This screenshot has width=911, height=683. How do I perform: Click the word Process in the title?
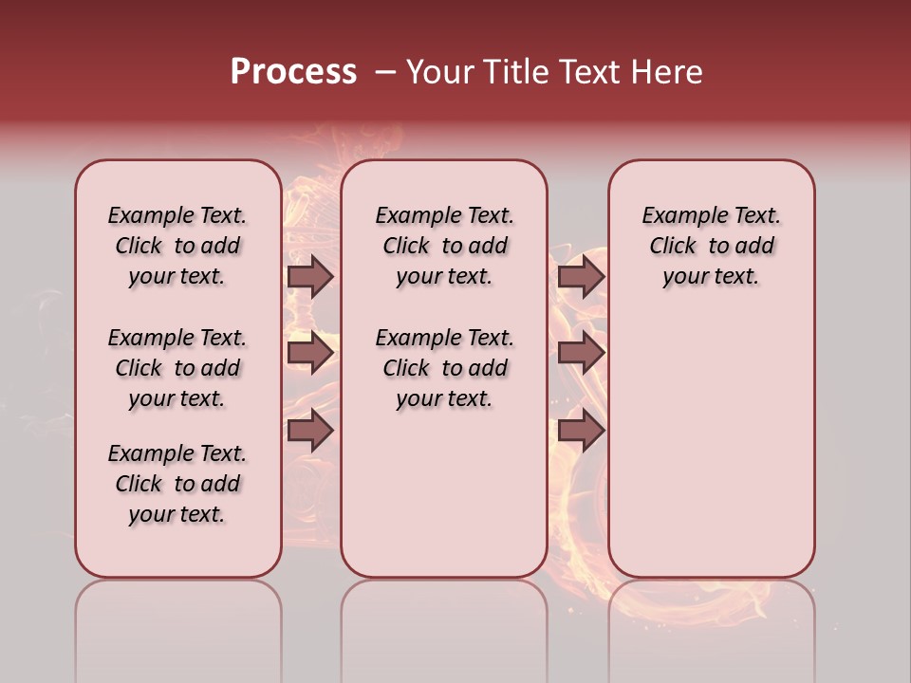coord(292,72)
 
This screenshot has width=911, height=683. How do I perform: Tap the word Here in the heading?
coord(668,72)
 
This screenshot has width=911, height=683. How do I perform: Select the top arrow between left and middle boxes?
coord(309,276)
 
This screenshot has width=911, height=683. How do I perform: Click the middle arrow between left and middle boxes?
coord(309,353)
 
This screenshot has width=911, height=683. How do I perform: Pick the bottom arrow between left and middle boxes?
coord(309,431)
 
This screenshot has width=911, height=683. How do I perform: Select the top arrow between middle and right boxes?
coord(581,276)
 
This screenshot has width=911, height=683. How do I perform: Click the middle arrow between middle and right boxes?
coord(581,353)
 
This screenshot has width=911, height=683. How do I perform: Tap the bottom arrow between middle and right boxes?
coord(581,431)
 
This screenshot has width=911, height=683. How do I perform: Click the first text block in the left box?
coord(177,246)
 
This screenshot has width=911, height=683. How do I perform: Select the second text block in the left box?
coord(177,368)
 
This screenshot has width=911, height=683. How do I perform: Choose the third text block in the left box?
coord(177,484)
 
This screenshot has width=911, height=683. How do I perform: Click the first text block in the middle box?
coord(444,246)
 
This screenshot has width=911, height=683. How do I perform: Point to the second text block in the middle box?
coord(444,368)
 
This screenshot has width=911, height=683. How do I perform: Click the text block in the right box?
coord(711,246)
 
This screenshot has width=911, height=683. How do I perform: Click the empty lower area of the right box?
coord(711,446)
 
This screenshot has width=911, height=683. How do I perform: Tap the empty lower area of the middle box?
coord(444,493)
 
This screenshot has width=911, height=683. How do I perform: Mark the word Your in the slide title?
coord(439,72)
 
